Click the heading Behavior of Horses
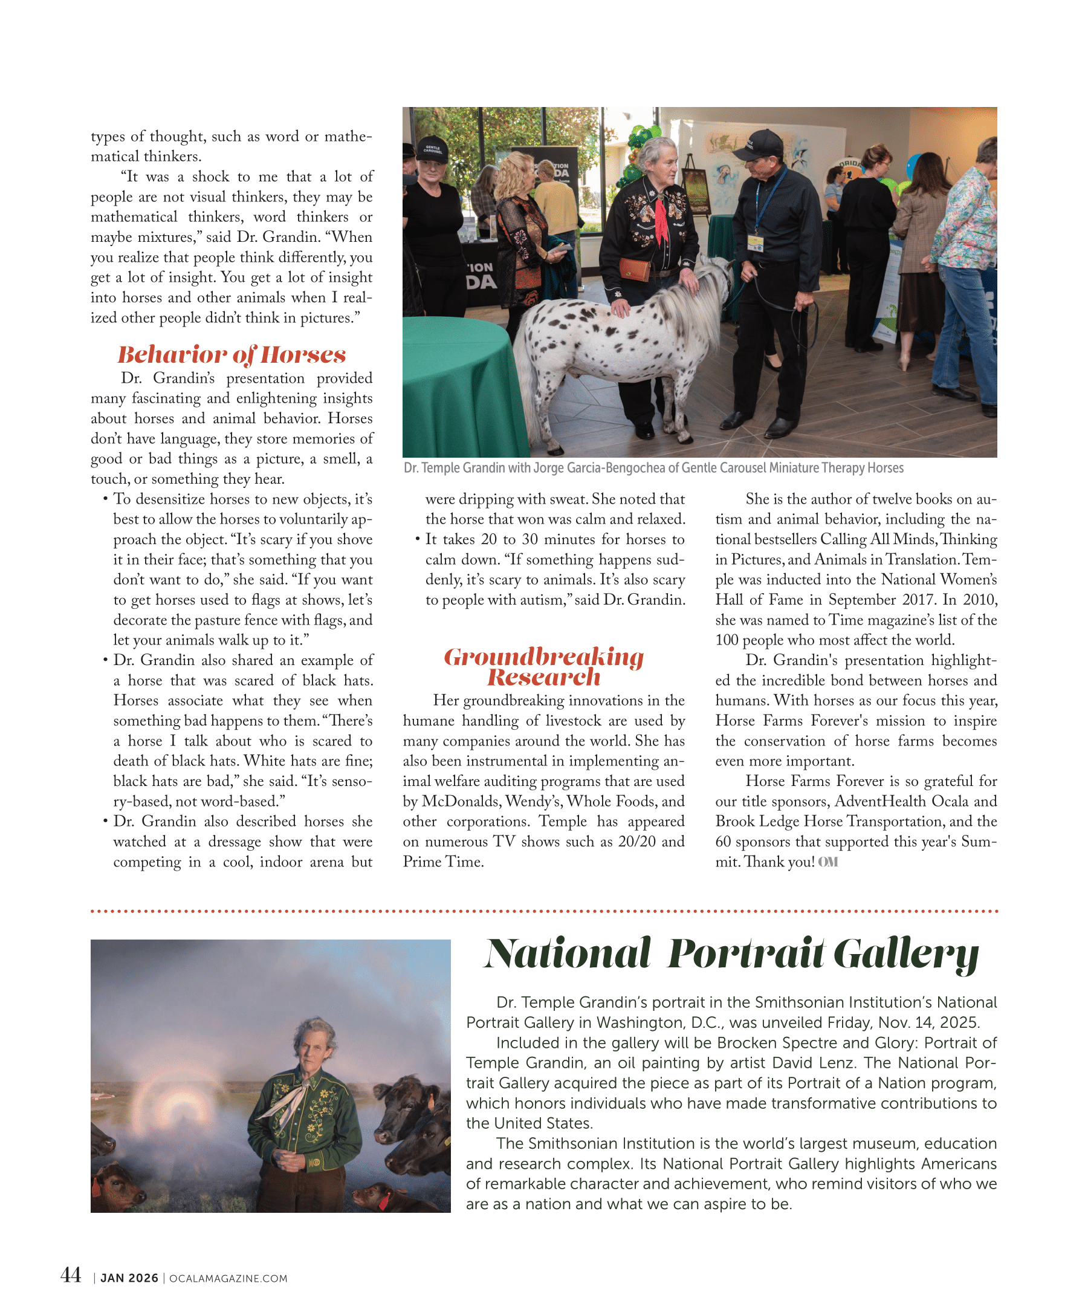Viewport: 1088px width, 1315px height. pyautogui.click(x=231, y=354)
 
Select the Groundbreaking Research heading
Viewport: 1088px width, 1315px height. pyautogui.click(x=543, y=667)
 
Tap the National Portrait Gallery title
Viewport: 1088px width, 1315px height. pyautogui.click(x=731, y=953)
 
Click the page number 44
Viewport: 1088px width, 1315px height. pyautogui.click(x=70, y=1276)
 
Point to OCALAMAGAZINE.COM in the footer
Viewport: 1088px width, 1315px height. pyautogui.click(x=228, y=1279)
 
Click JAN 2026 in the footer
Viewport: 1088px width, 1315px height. pyautogui.click(x=129, y=1279)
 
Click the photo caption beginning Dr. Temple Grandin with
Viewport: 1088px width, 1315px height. pyautogui.click(x=653, y=469)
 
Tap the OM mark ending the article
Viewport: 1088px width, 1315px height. pyautogui.click(x=827, y=862)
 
